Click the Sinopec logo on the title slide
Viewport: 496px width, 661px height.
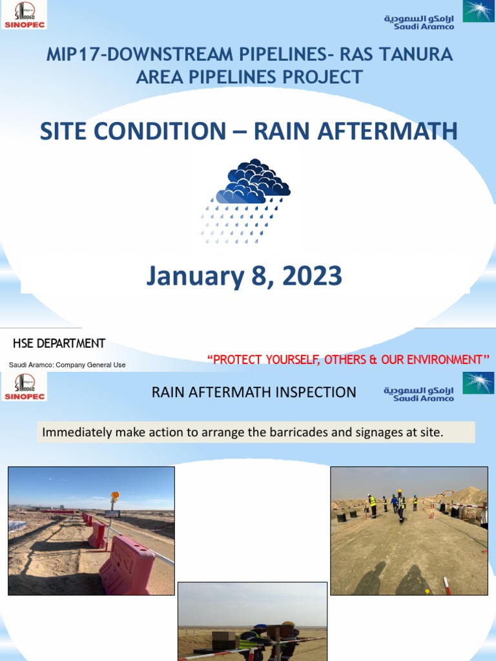25,15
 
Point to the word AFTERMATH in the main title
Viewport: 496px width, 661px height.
355,132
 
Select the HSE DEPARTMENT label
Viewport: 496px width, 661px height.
59,343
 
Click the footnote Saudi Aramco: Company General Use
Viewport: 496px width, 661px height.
67,365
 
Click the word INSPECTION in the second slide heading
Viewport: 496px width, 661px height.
318,392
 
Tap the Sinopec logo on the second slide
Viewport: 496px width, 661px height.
25,387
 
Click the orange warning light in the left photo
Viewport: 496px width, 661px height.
115,496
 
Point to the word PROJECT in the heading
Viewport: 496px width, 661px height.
328,77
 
